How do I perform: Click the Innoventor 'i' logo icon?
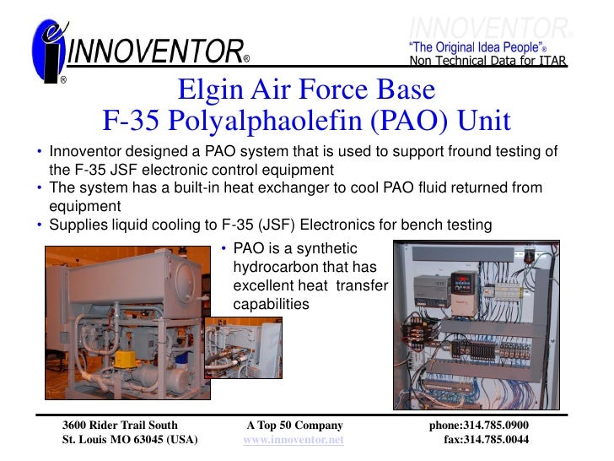46,51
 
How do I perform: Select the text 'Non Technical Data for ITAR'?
487,61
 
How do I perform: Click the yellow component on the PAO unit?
125,357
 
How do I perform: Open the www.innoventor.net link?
294,441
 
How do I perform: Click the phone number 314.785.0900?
479,426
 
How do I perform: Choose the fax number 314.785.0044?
486,441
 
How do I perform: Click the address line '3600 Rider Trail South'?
121,426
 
